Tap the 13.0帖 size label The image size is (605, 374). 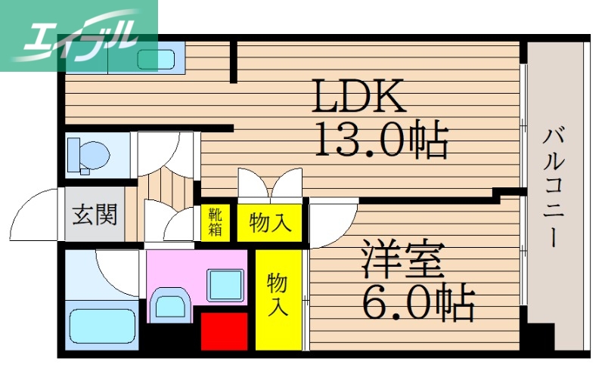click(380, 140)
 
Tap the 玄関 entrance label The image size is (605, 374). click(95, 215)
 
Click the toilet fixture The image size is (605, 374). click(89, 155)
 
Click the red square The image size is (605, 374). click(224, 331)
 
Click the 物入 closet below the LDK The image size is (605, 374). click(270, 223)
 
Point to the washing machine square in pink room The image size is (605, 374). click(224, 284)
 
